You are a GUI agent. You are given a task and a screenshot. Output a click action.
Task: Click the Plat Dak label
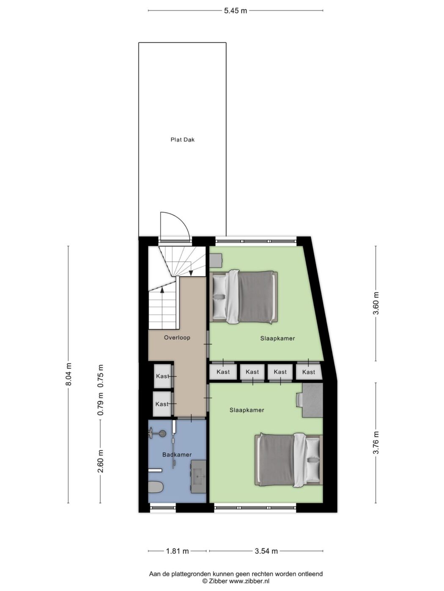click(182, 140)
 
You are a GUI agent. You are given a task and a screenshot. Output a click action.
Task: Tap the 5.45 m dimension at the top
click(236, 11)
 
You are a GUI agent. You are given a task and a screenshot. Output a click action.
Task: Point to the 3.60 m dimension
click(376, 303)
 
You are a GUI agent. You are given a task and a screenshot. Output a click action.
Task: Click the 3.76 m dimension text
click(376, 442)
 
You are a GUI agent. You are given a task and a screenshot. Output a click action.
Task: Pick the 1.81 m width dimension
click(177, 551)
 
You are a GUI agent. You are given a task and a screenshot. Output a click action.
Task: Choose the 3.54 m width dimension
click(266, 551)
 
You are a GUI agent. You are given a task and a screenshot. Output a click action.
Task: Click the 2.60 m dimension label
click(101, 461)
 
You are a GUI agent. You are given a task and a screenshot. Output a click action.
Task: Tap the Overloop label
click(177, 338)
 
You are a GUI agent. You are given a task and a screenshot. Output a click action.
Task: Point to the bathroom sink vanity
click(198, 476)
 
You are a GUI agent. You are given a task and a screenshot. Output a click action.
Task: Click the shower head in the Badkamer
click(162, 433)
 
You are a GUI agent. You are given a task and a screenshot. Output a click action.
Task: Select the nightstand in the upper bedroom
click(216, 260)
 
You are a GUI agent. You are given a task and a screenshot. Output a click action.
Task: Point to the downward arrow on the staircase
click(191, 273)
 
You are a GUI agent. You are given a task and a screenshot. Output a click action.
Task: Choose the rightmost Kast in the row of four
click(309, 372)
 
